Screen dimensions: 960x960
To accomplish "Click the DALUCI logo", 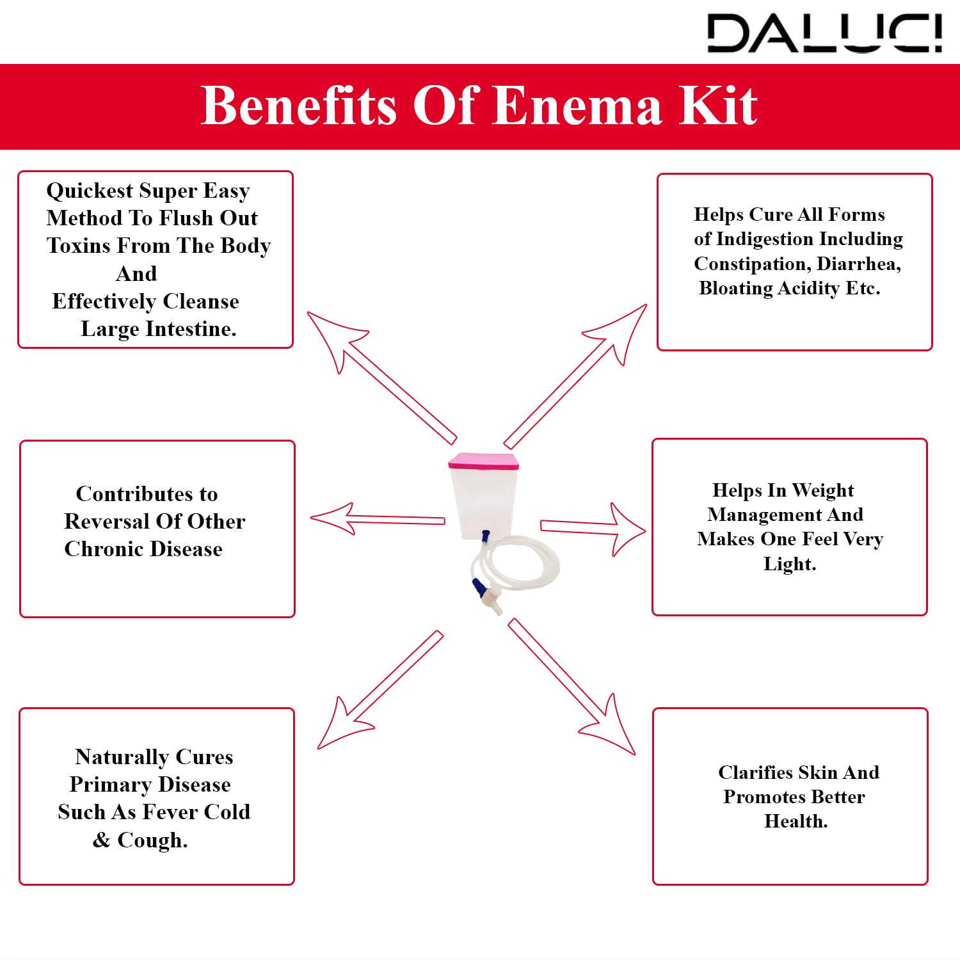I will tap(824, 33).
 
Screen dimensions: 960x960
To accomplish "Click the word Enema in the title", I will tap(577, 106).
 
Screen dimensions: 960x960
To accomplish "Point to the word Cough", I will tap(152, 840).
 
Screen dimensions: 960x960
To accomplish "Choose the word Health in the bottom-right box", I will tap(796, 822).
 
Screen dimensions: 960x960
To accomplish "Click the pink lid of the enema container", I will tap(483, 461).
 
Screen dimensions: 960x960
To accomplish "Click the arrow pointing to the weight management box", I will tap(592, 528).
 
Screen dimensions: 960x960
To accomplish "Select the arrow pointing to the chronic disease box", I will tap(378, 519).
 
